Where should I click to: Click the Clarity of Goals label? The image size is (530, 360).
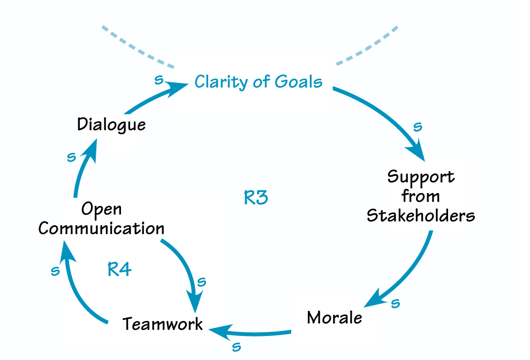pos(258,82)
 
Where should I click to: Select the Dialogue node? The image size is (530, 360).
pos(111,124)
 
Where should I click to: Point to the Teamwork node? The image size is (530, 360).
pos(163,324)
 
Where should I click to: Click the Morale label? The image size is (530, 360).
pos(335,317)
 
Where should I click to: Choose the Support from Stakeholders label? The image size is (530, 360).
pos(421,196)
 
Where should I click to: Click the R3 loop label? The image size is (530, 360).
pos(255,198)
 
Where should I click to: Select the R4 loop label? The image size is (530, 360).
pos(119,269)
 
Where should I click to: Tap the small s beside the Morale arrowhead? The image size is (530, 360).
pos(396,303)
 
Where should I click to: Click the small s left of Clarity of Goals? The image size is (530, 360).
pos(158,80)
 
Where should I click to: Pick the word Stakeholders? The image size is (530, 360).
pos(421,216)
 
